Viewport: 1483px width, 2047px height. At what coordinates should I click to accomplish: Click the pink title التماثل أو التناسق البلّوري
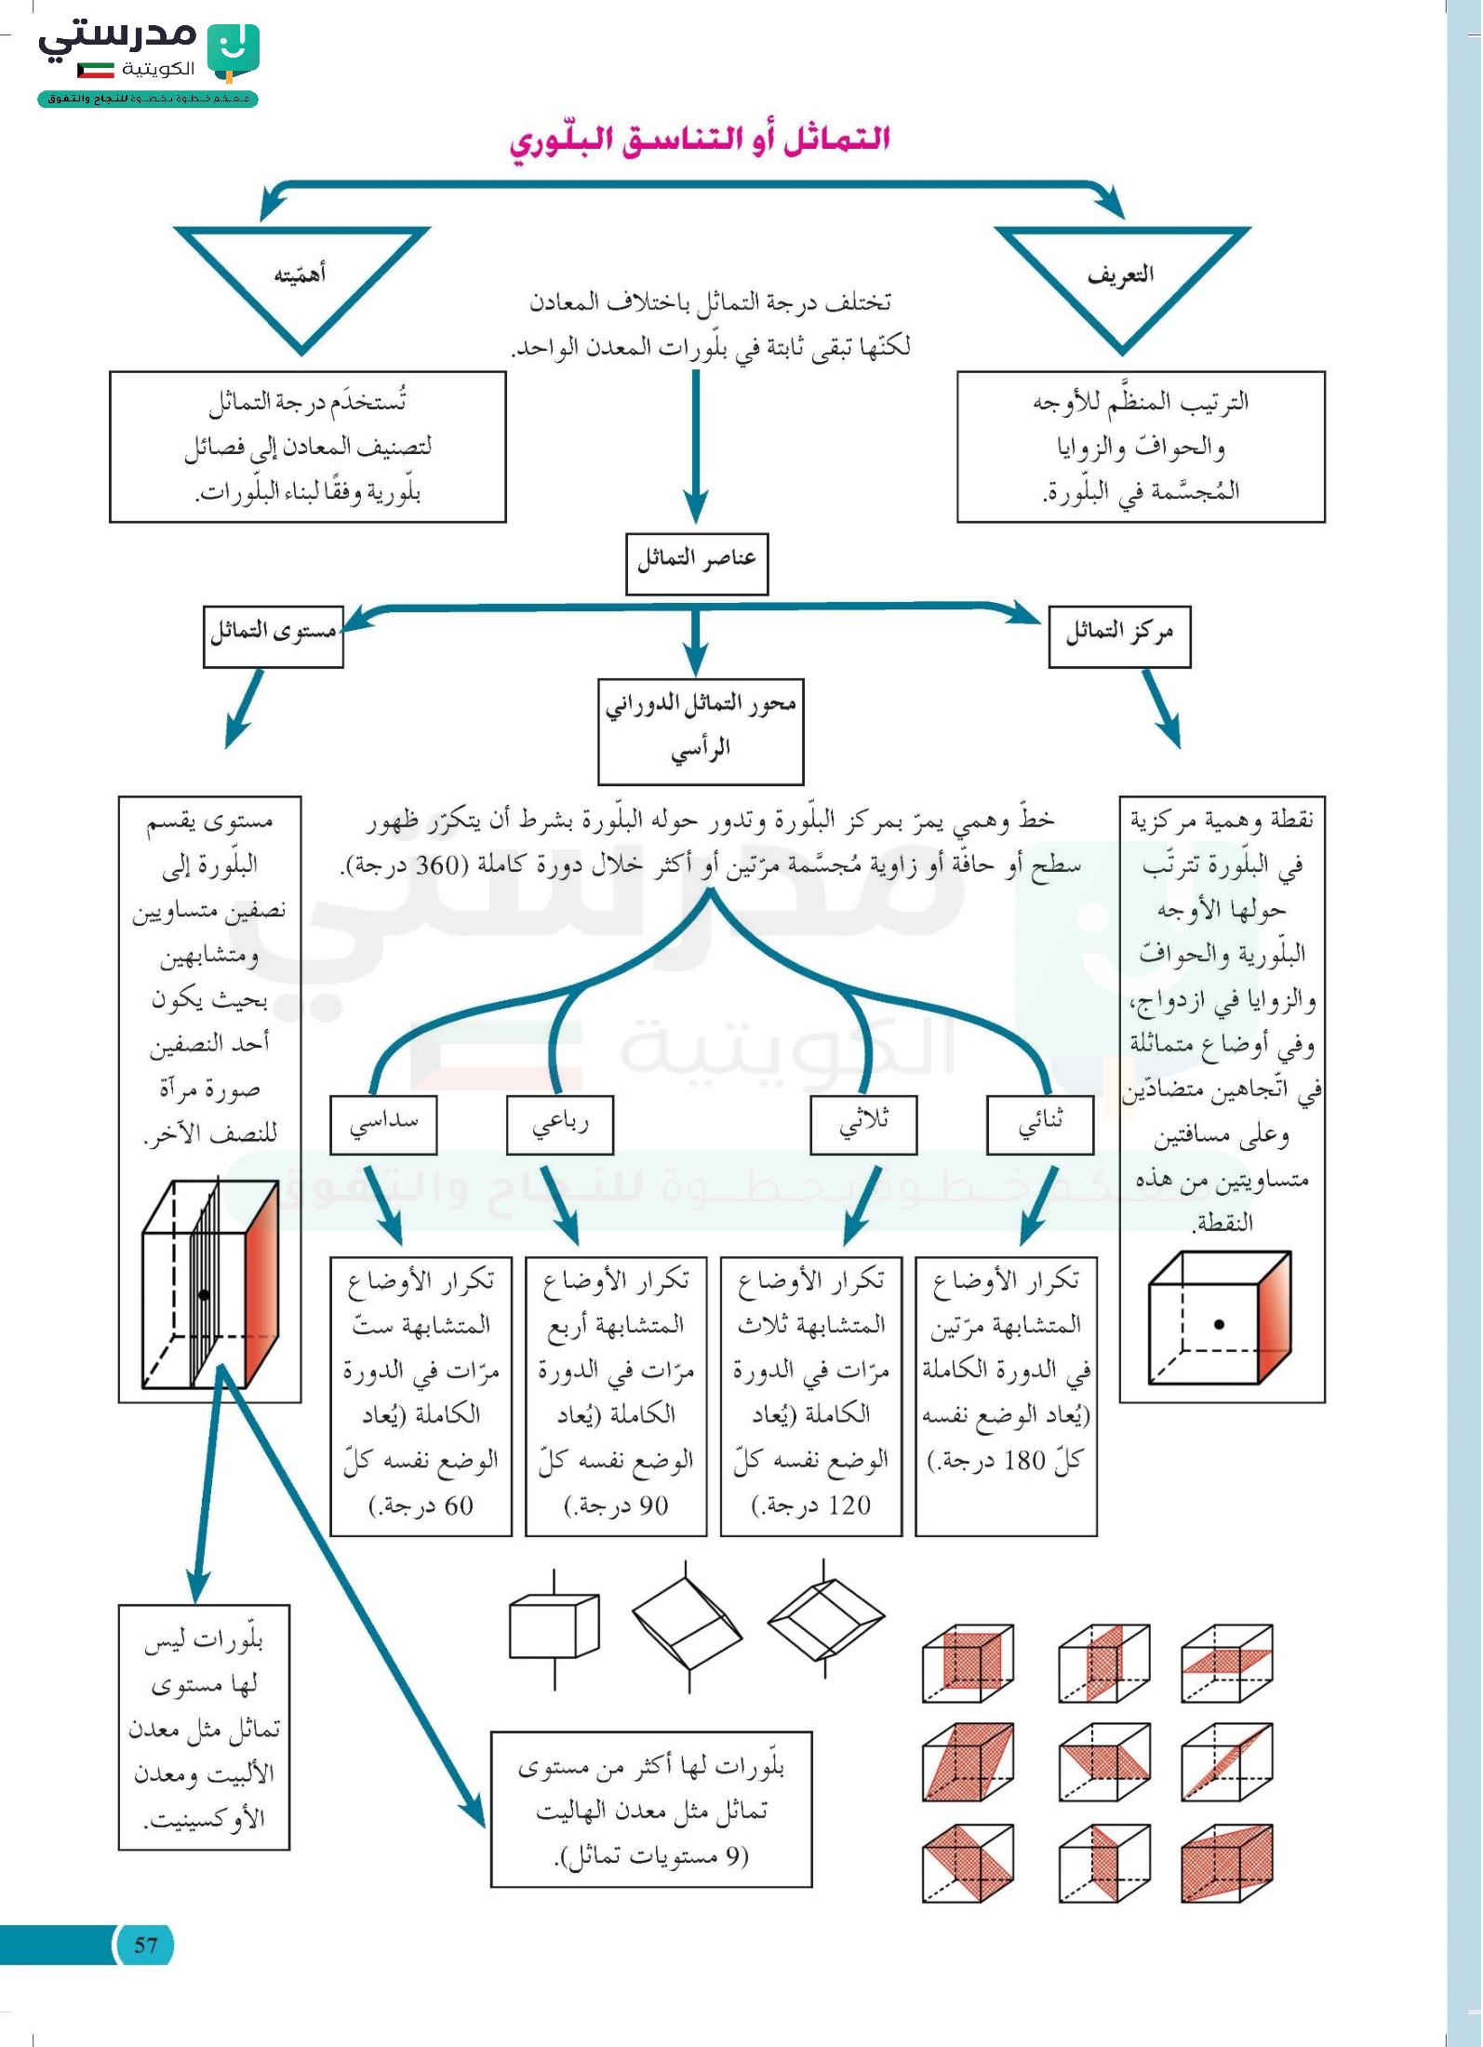point(700,140)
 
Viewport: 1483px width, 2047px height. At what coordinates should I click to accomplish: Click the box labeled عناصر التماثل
point(697,562)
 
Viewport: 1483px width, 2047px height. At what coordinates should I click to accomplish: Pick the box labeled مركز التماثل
point(1119,636)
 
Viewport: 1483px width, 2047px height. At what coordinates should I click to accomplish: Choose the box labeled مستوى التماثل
point(274,636)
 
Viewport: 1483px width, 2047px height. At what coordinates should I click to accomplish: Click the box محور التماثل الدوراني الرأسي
point(701,730)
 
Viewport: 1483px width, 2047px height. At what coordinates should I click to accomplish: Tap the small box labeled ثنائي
point(1040,1124)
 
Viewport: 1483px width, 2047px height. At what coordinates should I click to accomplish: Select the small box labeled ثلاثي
point(863,1124)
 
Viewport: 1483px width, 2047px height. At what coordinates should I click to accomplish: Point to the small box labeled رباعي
point(560,1124)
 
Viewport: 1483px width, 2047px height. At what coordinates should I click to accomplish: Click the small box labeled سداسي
point(383,1124)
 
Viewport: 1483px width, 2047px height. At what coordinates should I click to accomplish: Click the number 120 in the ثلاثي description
point(849,1505)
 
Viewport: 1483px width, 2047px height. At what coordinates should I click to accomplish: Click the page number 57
point(146,1945)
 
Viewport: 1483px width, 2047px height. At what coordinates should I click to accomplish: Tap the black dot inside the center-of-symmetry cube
point(1219,1324)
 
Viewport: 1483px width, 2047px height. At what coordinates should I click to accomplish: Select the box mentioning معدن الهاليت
point(651,1809)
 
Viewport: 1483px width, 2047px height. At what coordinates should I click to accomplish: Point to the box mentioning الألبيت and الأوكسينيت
point(205,1727)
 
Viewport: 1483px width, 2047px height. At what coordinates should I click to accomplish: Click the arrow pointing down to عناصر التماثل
point(696,447)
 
